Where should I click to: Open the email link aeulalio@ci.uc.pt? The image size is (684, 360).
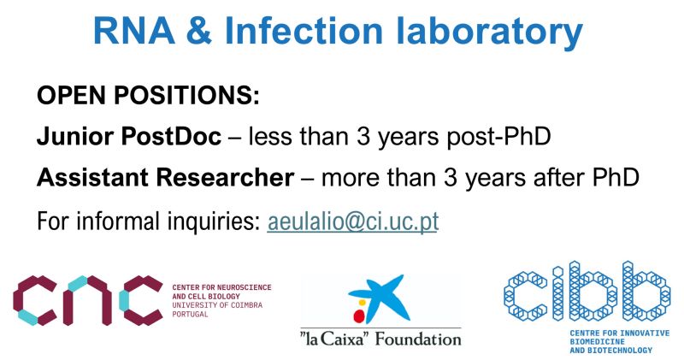click(353, 221)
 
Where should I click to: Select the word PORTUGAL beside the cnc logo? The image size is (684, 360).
click(190, 314)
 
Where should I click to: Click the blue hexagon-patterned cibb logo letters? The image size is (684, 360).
click(581, 292)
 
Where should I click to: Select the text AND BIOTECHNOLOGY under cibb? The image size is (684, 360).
click(610, 350)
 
